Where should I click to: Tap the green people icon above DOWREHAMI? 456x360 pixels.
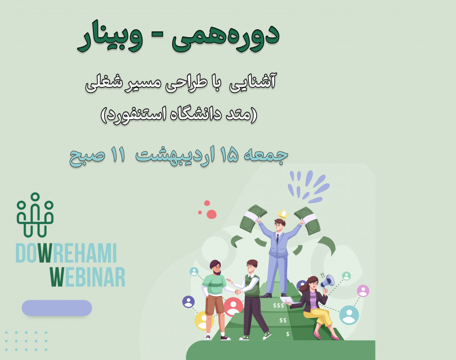click(35, 215)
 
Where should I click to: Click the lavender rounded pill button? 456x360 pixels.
click(57, 308)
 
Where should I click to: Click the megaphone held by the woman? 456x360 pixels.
click(327, 281)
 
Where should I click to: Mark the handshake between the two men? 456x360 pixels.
click(237, 291)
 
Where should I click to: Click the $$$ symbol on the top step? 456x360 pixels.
click(279, 305)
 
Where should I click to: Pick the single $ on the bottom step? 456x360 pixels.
click(288, 334)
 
